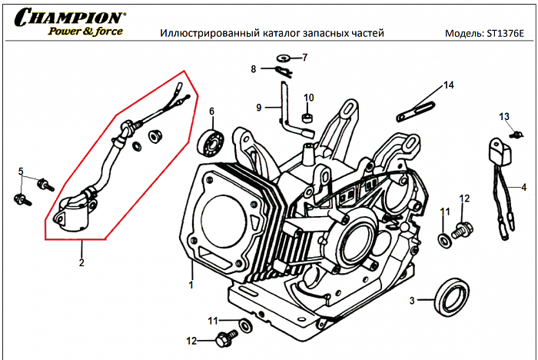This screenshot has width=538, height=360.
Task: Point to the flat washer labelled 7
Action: (283, 58)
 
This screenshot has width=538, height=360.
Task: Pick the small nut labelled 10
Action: (307, 118)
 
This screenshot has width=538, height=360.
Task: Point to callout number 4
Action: (524, 187)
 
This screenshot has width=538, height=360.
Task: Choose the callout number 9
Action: (259, 107)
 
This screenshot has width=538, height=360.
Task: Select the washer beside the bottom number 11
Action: (245, 326)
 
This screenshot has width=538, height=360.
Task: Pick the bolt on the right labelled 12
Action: (461, 228)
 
